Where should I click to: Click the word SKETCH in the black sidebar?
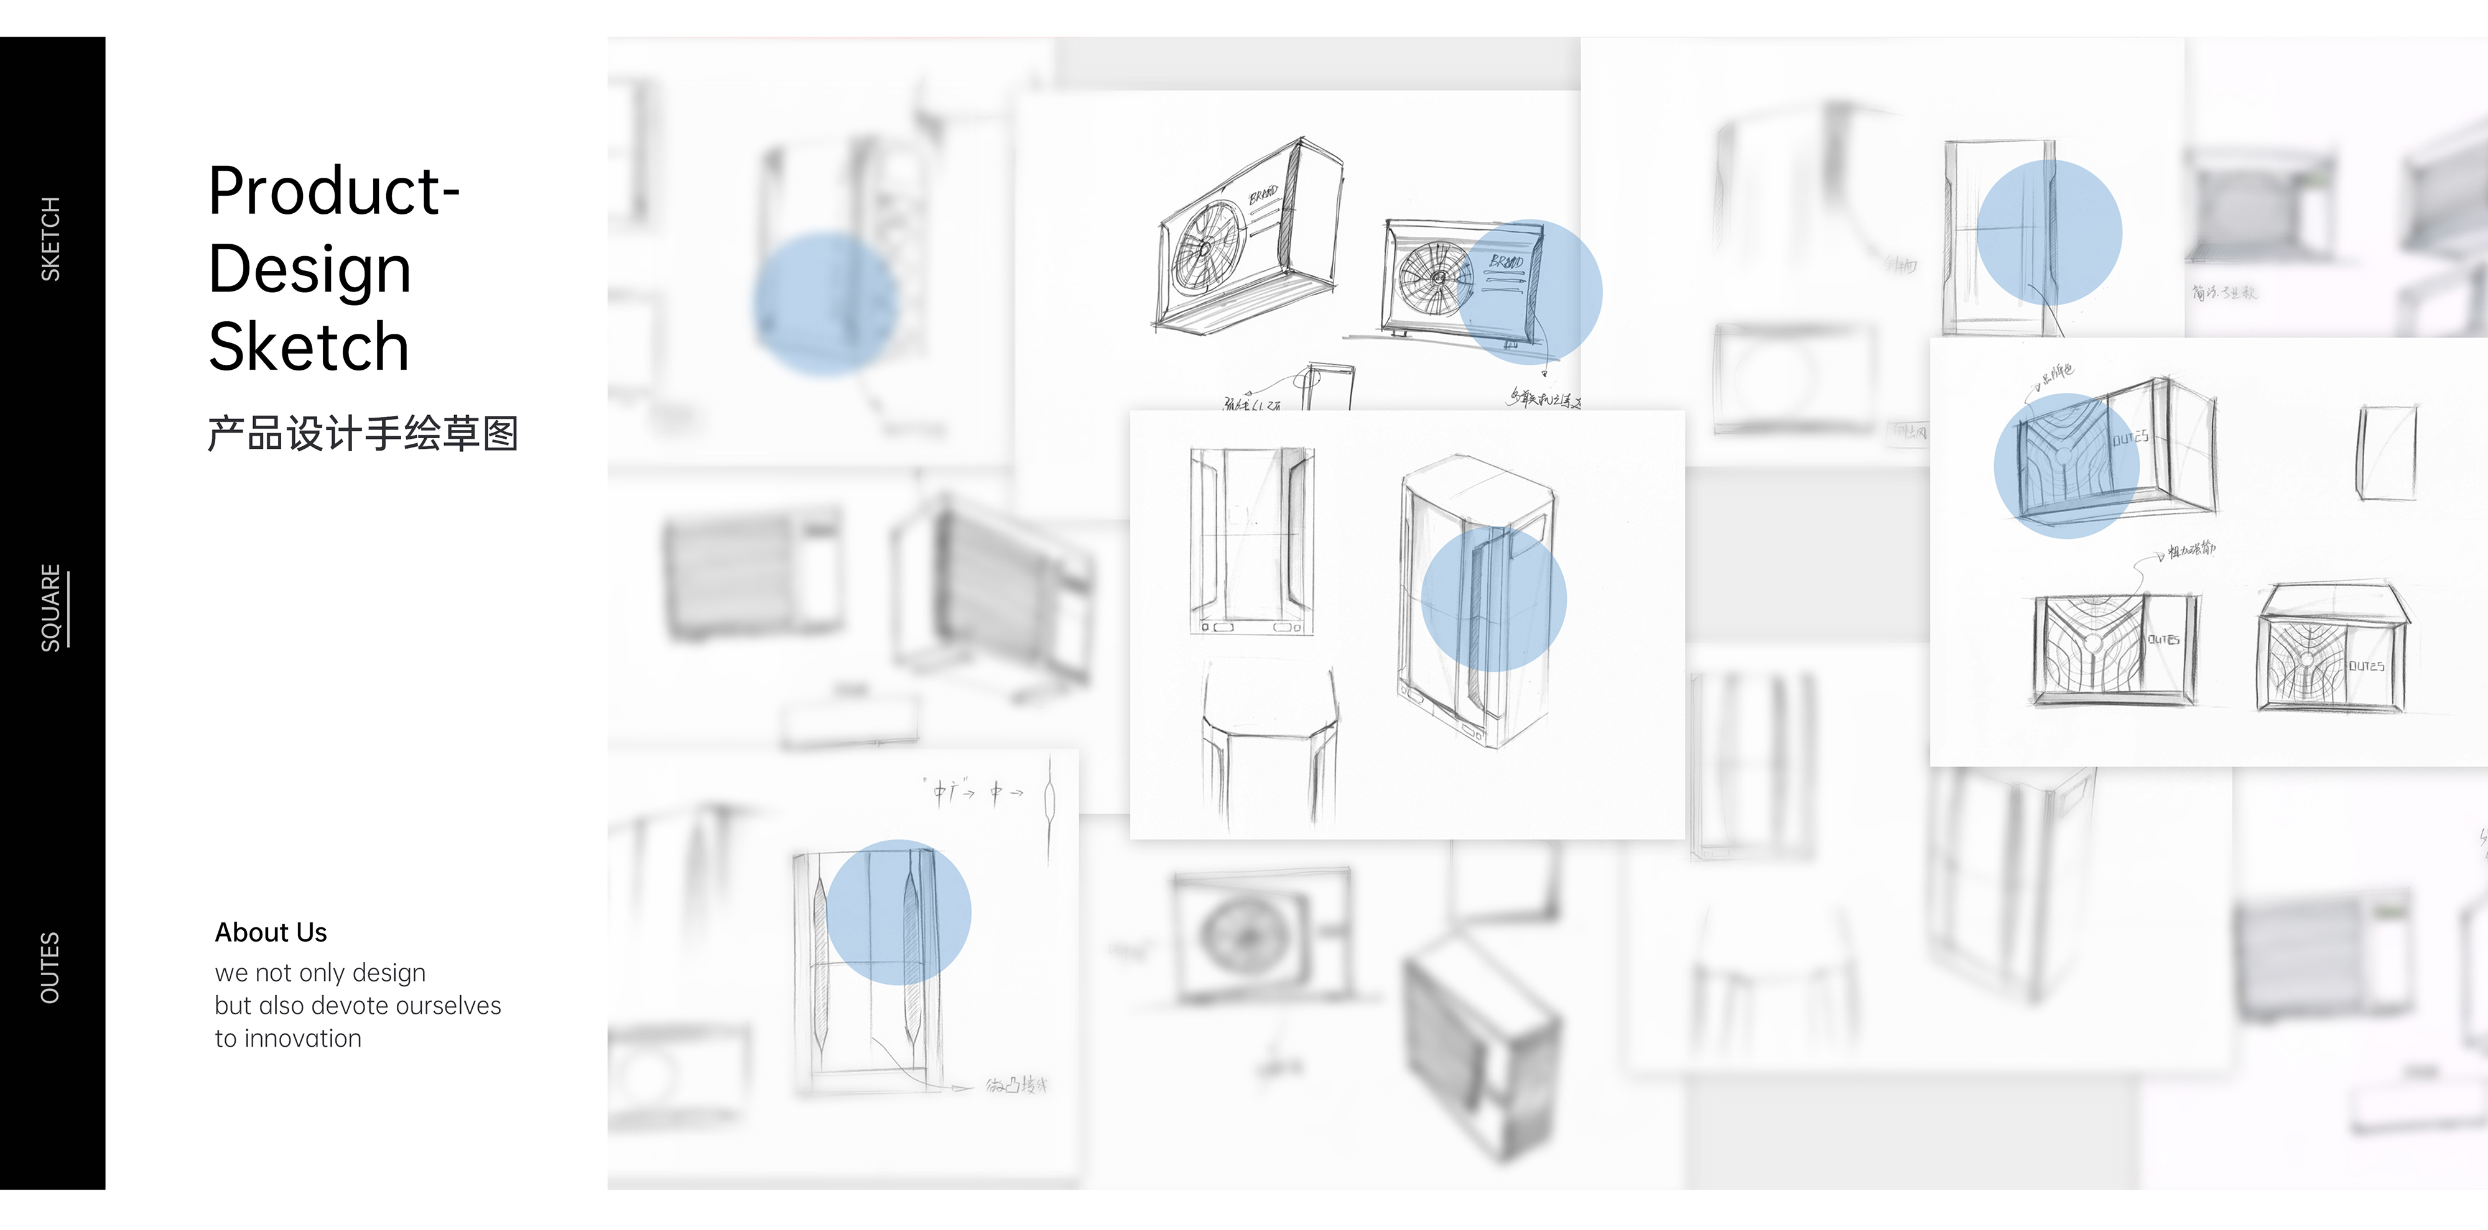[50, 239]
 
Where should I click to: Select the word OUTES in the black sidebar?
[50, 967]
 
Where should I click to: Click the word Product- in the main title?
[333, 191]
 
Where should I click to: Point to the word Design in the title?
[309, 269]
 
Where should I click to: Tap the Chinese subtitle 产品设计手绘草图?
[362, 433]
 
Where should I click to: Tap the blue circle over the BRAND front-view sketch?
[1531, 291]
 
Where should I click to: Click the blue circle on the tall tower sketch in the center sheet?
[1493, 599]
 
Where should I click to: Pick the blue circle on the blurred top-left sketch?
[826, 304]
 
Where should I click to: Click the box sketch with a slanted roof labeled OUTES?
[2331, 649]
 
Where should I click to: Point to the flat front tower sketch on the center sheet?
[1251, 541]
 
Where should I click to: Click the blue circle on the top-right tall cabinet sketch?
[2048, 232]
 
